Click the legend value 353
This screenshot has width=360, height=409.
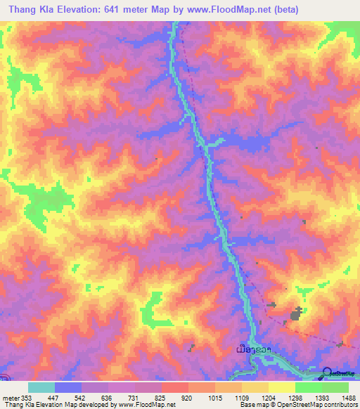[x=26, y=397]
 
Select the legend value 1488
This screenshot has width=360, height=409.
[x=347, y=397]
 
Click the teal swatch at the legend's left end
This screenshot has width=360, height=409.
[x=41, y=387]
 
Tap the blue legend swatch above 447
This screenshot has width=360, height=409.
[x=68, y=387]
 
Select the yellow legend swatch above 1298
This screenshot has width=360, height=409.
[x=281, y=387]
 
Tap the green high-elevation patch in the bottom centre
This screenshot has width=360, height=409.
[x=151, y=310]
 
